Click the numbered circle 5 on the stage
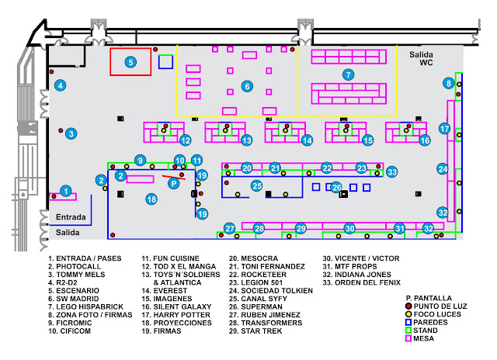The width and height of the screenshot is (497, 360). (x=130, y=62)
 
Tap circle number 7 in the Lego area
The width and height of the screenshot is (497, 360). (x=349, y=74)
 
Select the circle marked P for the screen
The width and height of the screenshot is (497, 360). (x=174, y=183)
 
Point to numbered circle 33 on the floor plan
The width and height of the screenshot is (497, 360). (x=392, y=172)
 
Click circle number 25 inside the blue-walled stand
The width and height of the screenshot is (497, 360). (x=257, y=186)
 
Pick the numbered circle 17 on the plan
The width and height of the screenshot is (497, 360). (x=445, y=129)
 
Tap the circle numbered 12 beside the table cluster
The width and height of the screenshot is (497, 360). (x=186, y=140)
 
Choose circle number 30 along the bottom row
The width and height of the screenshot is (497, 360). (x=349, y=228)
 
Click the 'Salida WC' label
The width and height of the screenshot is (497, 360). (x=421, y=58)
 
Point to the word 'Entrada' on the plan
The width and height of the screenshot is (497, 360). (x=71, y=217)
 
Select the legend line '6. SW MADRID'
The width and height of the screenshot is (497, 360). (x=74, y=299)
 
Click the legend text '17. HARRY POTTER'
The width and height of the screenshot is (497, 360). (x=176, y=315)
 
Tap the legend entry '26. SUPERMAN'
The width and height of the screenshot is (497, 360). (x=255, y=306)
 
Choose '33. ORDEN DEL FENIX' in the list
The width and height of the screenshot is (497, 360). (x=362, y=282)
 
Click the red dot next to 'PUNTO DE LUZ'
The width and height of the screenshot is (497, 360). (x=408, y=306)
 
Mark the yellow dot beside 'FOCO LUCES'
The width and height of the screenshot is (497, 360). (x=408, y=314)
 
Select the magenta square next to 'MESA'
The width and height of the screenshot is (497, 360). (x=408, y=338)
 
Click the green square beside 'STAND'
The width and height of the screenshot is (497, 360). (x=408, y=331)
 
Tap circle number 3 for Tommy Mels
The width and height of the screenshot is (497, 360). (x=71, y=133)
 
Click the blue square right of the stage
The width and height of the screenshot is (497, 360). (x=165, y=62)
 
